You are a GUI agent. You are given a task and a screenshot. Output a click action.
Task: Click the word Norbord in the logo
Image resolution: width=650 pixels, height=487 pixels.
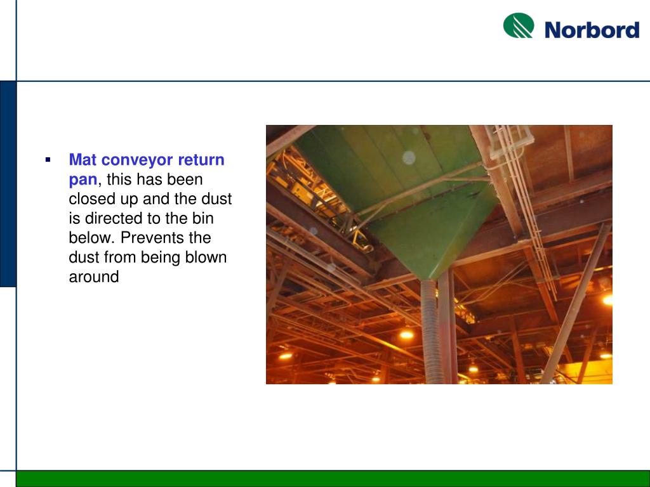pos(592,30)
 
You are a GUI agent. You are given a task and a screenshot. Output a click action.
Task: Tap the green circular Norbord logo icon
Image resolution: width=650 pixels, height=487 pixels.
pos(519,26)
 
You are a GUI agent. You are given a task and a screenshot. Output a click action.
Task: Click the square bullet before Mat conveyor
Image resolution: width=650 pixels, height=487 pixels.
pos(48,159)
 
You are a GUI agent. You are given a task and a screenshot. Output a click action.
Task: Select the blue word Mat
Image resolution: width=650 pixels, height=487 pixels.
pos(83,160)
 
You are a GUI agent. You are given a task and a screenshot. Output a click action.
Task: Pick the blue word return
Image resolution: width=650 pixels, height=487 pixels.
pos(201,160)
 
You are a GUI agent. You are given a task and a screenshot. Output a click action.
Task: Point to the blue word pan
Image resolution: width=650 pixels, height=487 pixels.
pos(83,179)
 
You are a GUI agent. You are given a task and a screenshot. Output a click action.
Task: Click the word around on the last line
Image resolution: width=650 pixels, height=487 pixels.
pos(93,277)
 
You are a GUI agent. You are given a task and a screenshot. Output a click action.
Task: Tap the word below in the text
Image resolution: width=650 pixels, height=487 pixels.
pos(91,238)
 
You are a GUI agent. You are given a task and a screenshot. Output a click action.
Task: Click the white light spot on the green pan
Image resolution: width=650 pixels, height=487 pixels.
pos(409,157)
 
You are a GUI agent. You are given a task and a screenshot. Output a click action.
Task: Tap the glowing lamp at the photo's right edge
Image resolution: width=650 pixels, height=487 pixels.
pos(607,299)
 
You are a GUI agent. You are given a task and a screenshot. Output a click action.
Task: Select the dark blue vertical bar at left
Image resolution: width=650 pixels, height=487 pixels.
pos(8,184)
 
